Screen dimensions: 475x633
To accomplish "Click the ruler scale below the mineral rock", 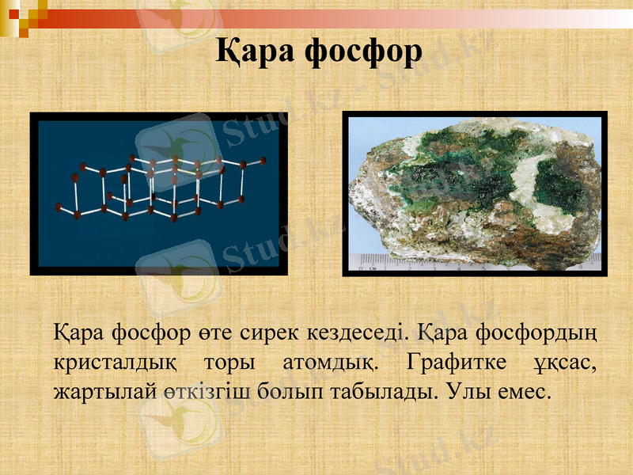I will click(x=475, y=262).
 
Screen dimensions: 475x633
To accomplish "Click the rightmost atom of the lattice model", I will click(x=262, y=161).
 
